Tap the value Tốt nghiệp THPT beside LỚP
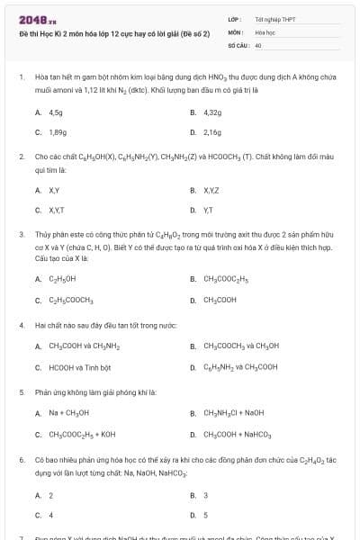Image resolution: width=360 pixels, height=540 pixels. (x=275, y=19)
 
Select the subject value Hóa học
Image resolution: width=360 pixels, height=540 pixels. (x=265, y=31)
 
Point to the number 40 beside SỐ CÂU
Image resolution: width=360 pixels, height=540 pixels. (x=258, y=44)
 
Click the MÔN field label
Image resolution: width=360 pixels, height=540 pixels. (x=235, y=31)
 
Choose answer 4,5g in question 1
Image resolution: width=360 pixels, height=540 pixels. (x=56, y=113)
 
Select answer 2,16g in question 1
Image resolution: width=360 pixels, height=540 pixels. (x=212, y=132)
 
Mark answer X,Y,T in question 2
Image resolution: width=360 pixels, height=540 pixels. (x=58, y=210)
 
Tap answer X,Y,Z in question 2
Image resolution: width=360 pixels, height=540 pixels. (x=211, y=191)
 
